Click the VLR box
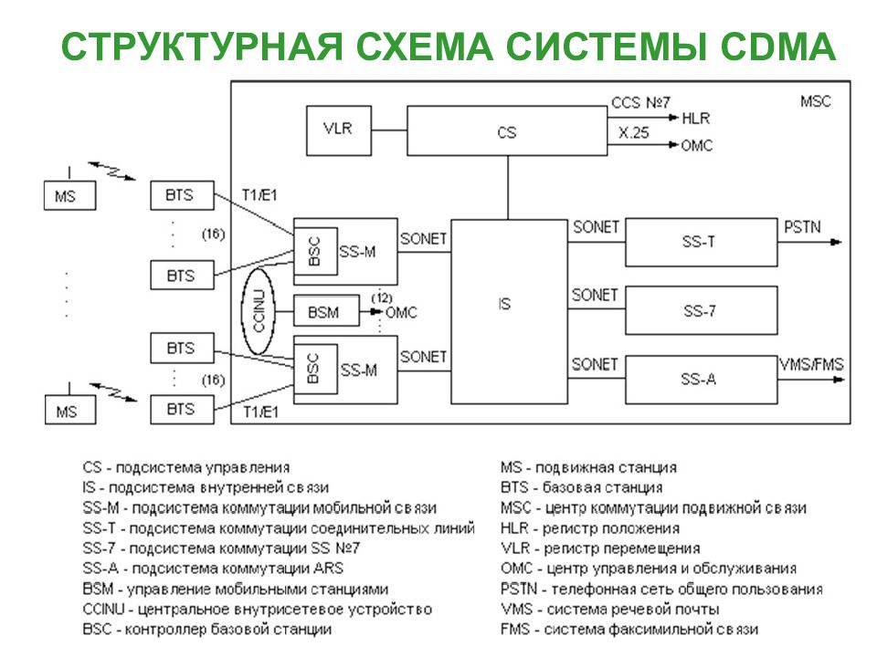point(338,130)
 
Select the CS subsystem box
point(507,130)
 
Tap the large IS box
point(509,311)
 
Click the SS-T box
point(701,242)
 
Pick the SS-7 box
point(701,310)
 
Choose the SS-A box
point(701,380)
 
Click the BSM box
point(326,310)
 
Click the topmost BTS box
point(182,195)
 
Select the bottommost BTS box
point(182,410)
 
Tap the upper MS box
point(70,195)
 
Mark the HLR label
point(696,119)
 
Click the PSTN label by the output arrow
point(802,227)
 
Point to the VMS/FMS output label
point(811,364)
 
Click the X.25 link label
point(634,132)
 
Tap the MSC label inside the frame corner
point(816,101)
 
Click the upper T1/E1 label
point(259,195)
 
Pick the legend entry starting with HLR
point(590,528)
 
